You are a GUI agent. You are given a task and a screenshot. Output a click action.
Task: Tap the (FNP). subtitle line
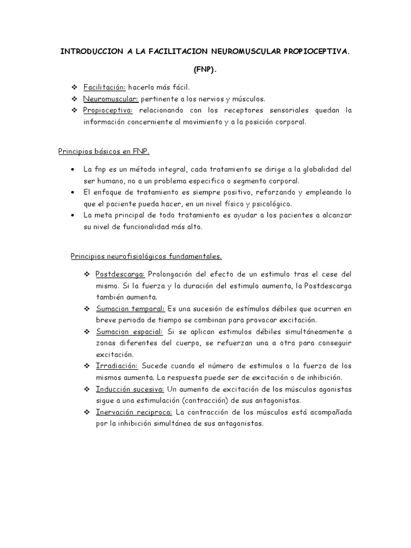point(205,70)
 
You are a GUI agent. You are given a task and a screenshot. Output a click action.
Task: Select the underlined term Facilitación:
point(104,87)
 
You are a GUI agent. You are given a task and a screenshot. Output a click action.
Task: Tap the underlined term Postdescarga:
point(120,274)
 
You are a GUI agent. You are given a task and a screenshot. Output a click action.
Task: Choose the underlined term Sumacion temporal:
point(131,309)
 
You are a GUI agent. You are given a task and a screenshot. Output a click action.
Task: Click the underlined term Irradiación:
point(117,366)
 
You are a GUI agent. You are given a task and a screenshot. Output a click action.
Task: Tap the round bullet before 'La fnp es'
point(73,169)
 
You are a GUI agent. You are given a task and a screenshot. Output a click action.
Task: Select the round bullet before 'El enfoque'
point(73,192)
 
